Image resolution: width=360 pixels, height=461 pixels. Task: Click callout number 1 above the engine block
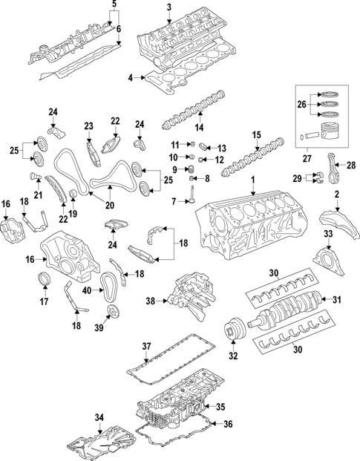252,180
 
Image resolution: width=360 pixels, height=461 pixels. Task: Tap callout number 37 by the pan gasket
147,346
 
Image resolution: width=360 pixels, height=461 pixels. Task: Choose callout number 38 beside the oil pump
151,302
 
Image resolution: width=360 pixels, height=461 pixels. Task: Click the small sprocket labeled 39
114,312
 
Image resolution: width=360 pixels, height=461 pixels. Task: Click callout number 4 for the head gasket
130,77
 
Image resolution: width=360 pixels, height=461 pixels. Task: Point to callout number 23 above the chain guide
88,125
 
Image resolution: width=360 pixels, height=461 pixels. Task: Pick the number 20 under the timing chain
110,206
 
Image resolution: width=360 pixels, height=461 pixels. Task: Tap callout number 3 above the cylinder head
168,7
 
